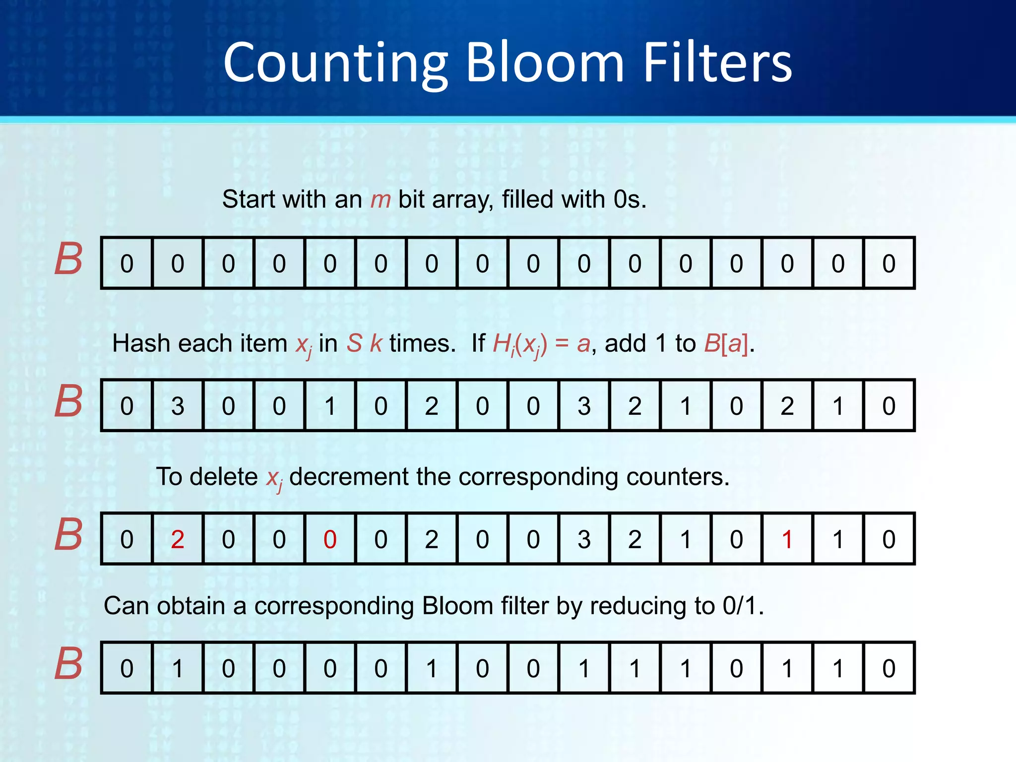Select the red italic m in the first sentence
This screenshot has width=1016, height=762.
pos(381,199)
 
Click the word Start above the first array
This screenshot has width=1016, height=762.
pos(249,199)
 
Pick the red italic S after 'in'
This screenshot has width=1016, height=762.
pos(354,343)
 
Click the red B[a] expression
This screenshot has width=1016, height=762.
pos(726,343)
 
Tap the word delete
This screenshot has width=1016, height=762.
pos(223,477)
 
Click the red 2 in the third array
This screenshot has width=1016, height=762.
pos(178,539)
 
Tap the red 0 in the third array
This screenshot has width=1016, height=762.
pos(330,539)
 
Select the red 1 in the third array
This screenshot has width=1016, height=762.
pos(787,539)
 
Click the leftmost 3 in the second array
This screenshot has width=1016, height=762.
pos(178,406)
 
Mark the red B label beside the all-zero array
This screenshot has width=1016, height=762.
pos(68,259)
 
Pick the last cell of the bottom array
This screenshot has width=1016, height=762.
pos(889,668)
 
